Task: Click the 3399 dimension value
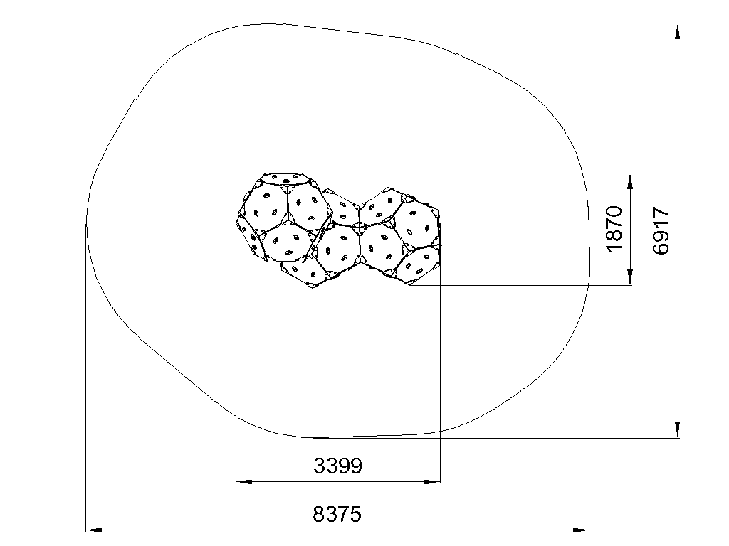337,465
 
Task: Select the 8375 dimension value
337,515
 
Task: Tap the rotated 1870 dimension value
614,229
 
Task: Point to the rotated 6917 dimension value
661,231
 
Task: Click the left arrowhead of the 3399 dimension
243,482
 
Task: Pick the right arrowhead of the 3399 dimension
432,482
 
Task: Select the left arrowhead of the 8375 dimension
94,530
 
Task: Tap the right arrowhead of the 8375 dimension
581,530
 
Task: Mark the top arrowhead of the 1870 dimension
630,181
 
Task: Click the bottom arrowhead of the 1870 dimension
630,277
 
